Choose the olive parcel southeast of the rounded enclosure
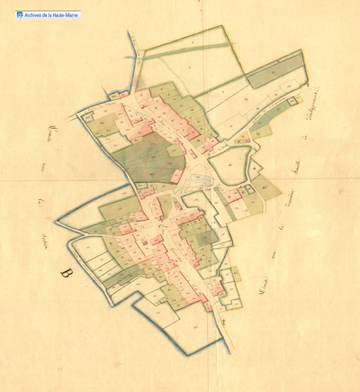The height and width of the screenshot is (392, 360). point(265,187)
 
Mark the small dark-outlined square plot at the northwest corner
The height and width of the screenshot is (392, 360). point(87,114)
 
